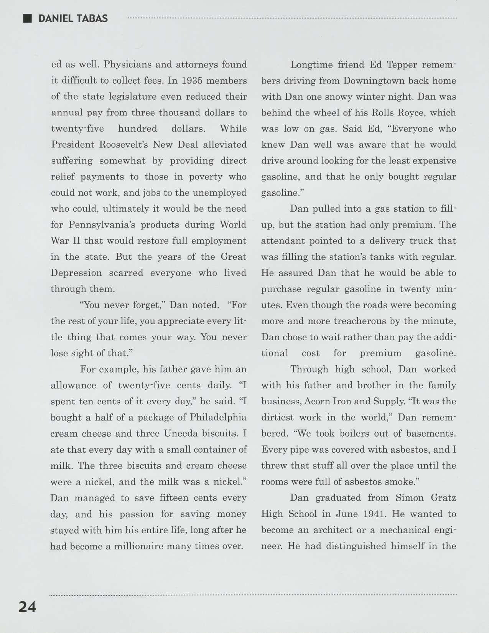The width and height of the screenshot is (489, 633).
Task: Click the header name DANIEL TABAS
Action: [73, 18]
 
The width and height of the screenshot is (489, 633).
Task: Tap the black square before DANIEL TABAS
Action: [27, 18]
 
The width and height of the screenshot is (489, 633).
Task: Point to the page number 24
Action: [27, 607]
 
